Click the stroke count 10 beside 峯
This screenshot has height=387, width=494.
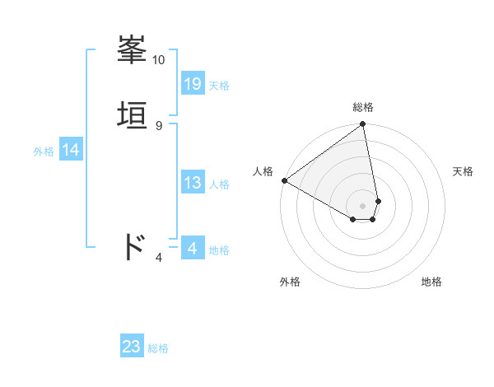[159, 60]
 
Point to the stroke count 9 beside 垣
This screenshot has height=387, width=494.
[159, 126]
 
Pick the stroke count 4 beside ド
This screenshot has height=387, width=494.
[159, 258]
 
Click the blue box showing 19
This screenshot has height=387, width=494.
[193, 83]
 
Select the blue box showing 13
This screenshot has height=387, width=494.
[193, 183]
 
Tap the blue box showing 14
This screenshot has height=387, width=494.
[71, 150]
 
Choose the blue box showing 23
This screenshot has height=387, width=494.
[132, 347]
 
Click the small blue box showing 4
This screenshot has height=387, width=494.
[193, 249]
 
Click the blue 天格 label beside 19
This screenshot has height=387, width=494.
[219, 86]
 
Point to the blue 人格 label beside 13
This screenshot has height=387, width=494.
[219, 184]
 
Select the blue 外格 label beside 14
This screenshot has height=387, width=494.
[44, 152]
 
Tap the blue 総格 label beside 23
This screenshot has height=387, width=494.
[158, 348]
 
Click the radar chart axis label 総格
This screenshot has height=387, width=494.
[363, 107]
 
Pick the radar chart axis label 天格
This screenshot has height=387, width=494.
[464, 171]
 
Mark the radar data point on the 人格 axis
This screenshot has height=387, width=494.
[284, 180]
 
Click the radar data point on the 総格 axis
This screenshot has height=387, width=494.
[363, 125]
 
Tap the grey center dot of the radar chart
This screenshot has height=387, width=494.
[363, 205]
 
